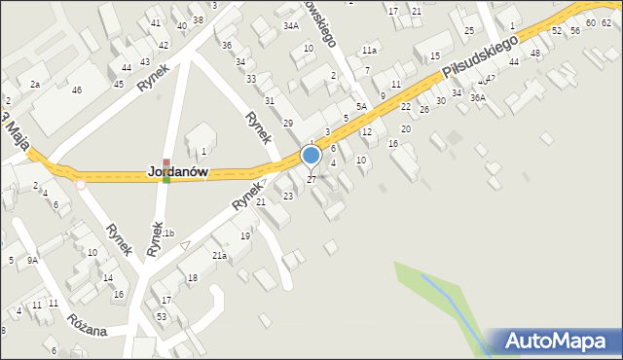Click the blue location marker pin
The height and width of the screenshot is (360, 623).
(311, 156)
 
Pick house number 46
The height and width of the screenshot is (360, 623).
(76, 90)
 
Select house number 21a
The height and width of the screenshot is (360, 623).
(220, 256)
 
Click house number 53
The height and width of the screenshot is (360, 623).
(162, 317)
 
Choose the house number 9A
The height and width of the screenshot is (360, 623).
(32, 260)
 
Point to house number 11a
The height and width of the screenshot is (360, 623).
(369, 51)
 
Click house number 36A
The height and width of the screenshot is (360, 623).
(477, 97)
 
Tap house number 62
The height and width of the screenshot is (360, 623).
(605, 22)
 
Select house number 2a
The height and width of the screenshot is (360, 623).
(35, 85)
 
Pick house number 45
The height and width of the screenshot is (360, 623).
(118, 84)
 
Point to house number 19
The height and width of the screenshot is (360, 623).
(245, 236)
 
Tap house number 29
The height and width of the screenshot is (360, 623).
(287, 123)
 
